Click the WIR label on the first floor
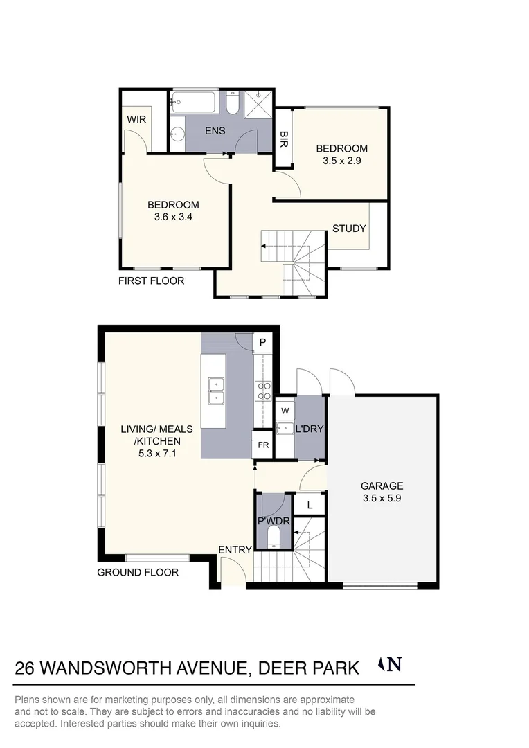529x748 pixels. (x=136, y=119)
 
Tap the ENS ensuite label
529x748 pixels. (x=215, y=131)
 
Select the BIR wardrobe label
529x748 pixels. (x=283, y=139)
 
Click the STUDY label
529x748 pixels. (x=349, y=229)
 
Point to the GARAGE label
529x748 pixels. (x=382, y=486)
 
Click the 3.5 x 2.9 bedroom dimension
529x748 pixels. (x=342, y=161)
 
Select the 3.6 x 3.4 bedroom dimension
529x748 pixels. (x=173, y=217)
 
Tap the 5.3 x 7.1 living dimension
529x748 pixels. (x=157, y=453)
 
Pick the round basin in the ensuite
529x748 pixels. (x=177, y=135)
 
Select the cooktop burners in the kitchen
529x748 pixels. (x=264, y=391)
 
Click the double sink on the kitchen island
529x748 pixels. (x=216, y=391)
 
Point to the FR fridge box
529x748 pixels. (x=262, y=445)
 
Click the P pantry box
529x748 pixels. (x=262, y=342)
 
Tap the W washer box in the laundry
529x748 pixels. (x=285, y=410)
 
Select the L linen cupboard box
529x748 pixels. (x=310, y=505)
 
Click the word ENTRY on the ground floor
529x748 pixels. (x=235, y=549)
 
